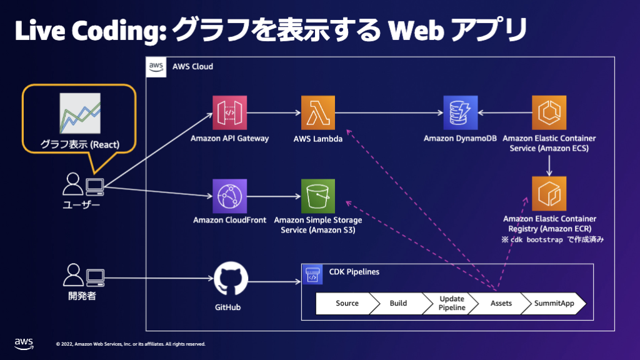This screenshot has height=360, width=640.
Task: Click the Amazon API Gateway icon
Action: point(229,112)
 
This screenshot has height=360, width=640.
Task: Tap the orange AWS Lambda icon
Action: point(318,112)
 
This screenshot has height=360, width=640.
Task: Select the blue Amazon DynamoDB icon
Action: point(461,112)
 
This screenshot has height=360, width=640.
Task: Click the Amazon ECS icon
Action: point(549,112)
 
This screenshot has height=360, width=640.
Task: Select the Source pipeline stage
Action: point(347,303)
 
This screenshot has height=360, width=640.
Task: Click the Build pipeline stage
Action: point(398,303)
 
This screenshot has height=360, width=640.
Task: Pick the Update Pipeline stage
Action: point(451,303)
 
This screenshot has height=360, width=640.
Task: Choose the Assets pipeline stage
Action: point(501,303)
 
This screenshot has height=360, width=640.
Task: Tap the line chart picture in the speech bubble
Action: point(79,113)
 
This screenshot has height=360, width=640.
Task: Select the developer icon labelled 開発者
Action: point(83,276)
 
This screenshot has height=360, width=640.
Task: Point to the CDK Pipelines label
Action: point(354,272)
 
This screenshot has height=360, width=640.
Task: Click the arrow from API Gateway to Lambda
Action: point(274,113)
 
